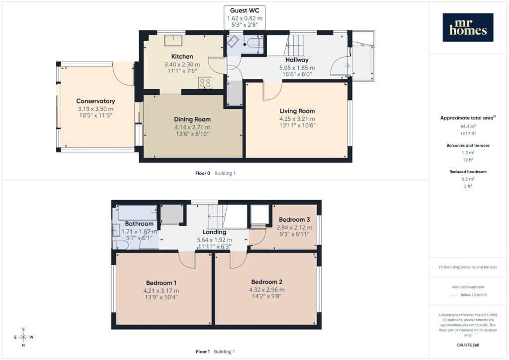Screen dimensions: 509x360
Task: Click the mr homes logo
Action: [x=468, y=27]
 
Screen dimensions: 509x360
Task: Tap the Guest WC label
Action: [x=245, y=11]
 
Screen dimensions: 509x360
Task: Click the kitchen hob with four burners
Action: [x=205, y=83]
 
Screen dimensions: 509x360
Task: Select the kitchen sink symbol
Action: [x=173, y=41]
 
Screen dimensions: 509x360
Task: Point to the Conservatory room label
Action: [x=95, y=101]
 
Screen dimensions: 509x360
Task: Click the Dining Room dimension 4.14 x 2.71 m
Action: [x=192, y=127]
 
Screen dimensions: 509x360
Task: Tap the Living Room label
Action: [x=297, y=111]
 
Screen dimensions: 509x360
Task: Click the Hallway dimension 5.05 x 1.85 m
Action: [x=297, y=68]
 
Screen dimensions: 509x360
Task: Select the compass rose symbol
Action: [x=23, y=337]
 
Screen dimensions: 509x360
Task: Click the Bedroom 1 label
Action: [x=161, y=283]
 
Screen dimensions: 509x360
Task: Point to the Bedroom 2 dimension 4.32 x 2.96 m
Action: [x=266, y=290]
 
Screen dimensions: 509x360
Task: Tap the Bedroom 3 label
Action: [x=294, y=219]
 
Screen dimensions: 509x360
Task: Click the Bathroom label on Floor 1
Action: [x=139, y=224]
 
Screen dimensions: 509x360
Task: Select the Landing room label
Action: [x=214, y=232]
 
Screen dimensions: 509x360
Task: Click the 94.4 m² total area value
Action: [x=468, y=126]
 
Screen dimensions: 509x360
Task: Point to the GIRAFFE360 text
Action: [x=468, y=345]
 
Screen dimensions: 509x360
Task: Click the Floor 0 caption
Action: [x=203, y=173]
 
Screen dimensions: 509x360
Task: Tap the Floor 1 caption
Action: [x=203, y=352]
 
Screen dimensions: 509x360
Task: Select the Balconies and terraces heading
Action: [x=468, y=145]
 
